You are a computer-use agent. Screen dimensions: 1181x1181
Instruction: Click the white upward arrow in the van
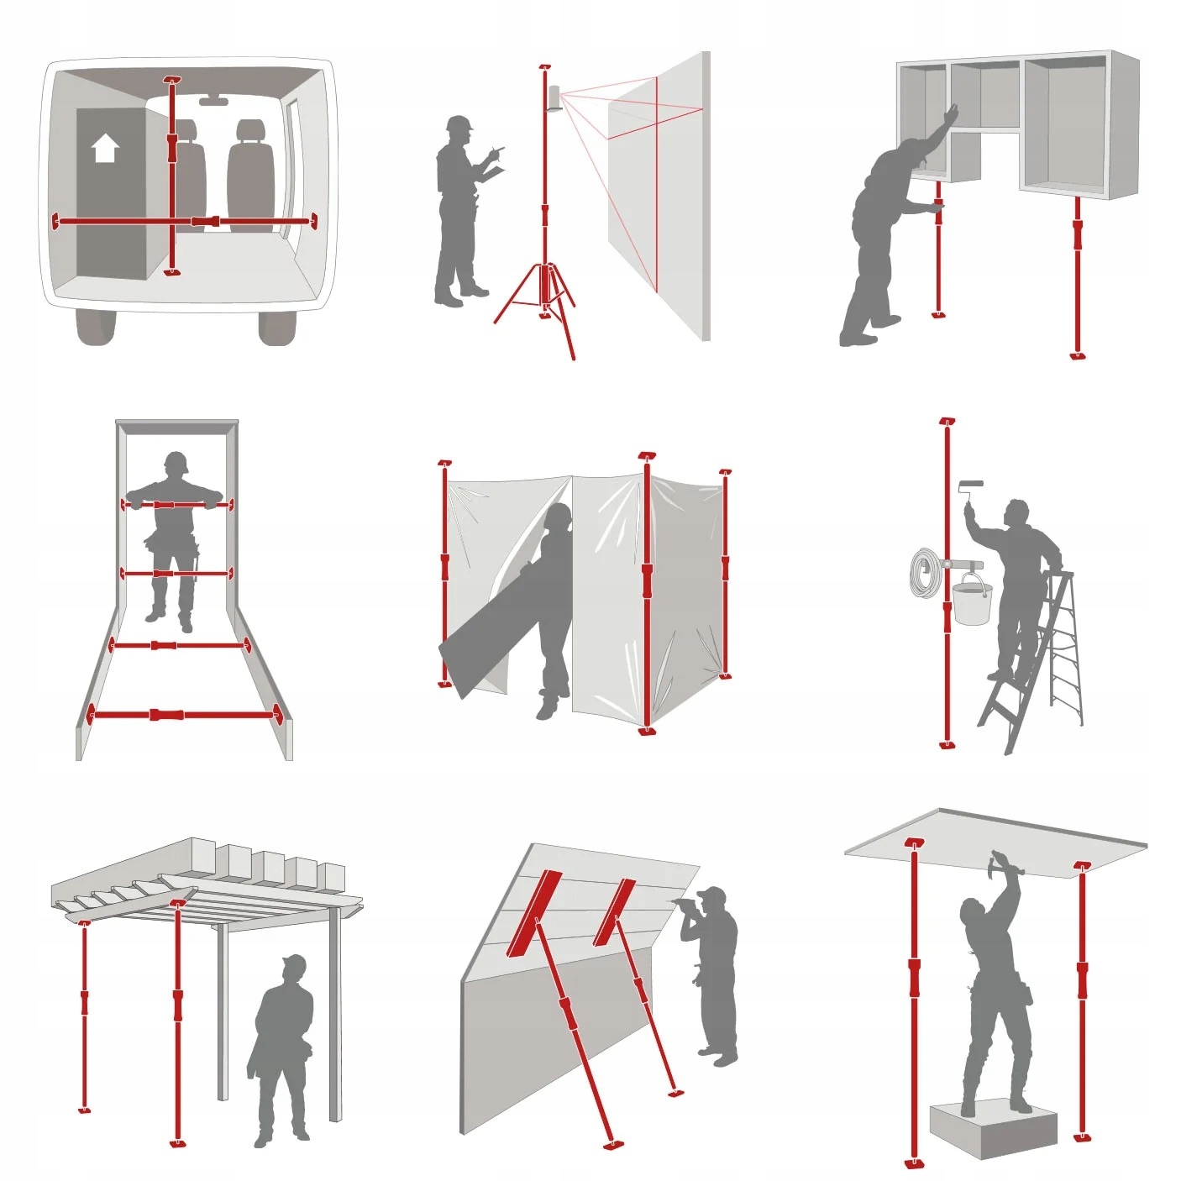[x=105, y=148]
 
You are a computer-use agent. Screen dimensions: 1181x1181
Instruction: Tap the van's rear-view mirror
[x=213, y=101]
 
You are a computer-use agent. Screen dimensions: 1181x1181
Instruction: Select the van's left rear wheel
[x=95, y=327]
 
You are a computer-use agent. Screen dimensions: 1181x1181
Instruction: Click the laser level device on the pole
[x=554, y=97]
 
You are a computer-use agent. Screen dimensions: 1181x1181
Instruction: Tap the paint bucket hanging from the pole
[x=972, y=602]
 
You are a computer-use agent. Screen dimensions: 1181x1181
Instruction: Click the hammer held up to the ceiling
[x=1001, y=860]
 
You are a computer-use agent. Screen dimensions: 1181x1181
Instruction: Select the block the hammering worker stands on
[x=993, y=1129]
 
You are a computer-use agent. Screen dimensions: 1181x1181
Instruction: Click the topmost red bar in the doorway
[x=174, y=505]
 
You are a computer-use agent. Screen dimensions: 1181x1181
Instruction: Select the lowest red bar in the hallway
[x=183, y=715]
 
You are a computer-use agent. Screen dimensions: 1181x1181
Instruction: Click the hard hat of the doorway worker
[x=176, y=461]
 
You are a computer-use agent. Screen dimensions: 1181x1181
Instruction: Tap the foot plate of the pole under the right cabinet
[x=1079, y=355]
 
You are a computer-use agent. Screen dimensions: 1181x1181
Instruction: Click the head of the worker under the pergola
[x=293, y=968]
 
